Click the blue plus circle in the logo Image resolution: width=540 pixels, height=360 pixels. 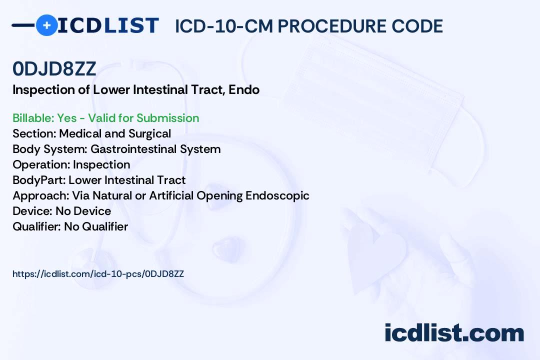pos(47,25)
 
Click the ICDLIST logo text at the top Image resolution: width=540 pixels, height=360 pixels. pos(108,25)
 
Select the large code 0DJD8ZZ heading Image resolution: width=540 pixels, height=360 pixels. pos(54,68)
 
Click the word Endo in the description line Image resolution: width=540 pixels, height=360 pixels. pos(244,90)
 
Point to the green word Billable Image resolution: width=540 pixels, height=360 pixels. pos(33,118)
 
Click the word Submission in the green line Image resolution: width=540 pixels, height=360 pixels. pos(167,118)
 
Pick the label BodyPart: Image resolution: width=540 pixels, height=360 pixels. pos(39,180)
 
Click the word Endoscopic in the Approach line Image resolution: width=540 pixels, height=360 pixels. pos(277,195)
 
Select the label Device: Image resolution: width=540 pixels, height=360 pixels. pos(32,211)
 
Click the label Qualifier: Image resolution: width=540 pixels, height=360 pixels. pos(37,226)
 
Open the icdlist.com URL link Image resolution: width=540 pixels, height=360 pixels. pos(98,274)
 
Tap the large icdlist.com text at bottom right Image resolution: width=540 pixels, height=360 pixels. pos(454,333)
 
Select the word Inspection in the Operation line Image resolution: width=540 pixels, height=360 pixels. pos(101,165)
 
